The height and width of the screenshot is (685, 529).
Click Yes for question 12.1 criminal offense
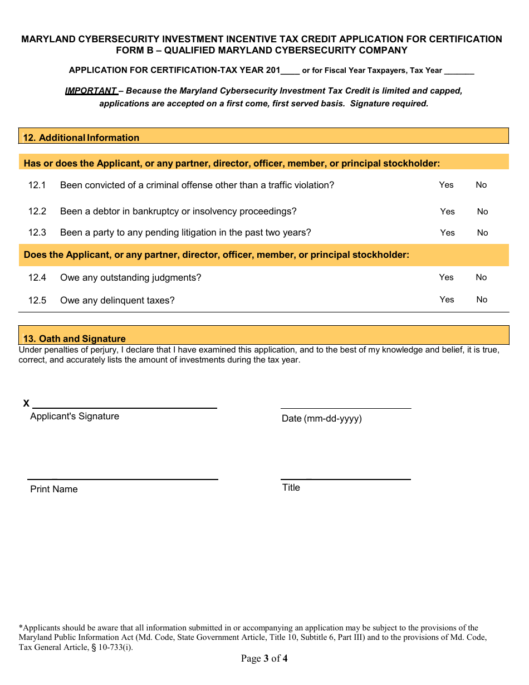446,185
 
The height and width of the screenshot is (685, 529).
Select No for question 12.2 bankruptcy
482,212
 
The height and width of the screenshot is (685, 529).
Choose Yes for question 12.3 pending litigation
447,233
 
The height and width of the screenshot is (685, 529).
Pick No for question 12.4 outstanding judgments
481,277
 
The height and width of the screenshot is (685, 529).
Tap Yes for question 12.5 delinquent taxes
447,300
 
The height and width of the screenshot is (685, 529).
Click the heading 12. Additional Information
81,138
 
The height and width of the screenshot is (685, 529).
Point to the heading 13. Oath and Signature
74,339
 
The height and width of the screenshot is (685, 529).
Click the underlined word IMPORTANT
91,91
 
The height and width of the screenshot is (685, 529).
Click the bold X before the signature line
26,403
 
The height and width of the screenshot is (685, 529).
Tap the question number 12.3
37,233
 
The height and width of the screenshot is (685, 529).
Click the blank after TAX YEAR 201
290,71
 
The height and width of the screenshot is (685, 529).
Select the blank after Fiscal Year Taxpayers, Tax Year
459,71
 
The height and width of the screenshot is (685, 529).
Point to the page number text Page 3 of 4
264,659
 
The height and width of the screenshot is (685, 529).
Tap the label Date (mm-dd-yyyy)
321,418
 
